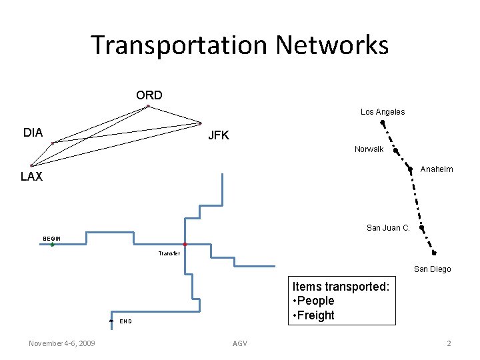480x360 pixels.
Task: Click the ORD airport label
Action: pos(149,95)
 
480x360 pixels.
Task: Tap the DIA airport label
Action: pos(33,133)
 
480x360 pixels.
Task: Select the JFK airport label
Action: pos(218,135)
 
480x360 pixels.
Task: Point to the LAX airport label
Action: pos(31,177)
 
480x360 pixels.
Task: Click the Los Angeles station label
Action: pos(383,112)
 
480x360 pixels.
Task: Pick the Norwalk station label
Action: pos(369,149)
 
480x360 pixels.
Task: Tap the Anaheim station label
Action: pos(437,169)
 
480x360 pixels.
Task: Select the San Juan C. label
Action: pos(388,228)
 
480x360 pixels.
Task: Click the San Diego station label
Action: pos(432,269)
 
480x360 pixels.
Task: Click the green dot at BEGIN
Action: pos(52,245)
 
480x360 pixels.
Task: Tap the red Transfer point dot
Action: pos(185,245)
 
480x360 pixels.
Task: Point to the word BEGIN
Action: pos(51,238)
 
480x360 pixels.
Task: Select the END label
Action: pos(125,321)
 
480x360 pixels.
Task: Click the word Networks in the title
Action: pos(332,45)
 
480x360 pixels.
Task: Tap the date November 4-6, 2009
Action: pos(61,343)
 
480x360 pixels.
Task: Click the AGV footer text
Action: pos(239,343)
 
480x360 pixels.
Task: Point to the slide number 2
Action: pos(449,343)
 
